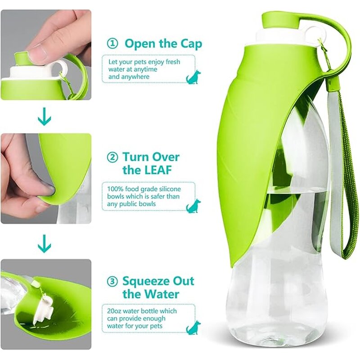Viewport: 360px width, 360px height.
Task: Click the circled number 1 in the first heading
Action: (112, 44)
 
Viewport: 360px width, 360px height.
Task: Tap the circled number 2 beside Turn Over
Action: (112, 157)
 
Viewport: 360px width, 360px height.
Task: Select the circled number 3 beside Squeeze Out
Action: (112, 282)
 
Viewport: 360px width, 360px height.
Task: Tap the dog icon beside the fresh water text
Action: (193, 77)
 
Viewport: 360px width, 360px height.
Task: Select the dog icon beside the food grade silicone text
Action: (193, 206)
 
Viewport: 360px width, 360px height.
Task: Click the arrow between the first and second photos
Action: (44, 118)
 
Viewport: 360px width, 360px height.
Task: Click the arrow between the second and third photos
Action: (44, 245)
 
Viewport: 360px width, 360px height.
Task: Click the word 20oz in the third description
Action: (115, 311)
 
